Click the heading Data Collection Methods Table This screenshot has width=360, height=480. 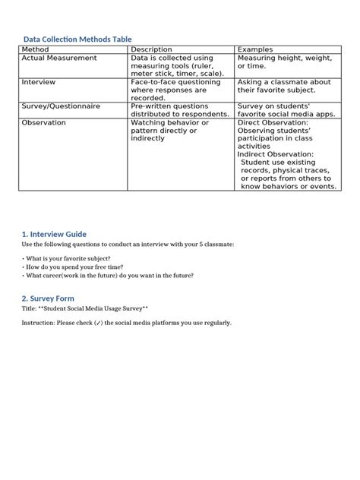tap(77, 39)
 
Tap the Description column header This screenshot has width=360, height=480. tap(152, 49)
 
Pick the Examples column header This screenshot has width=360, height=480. tap(256, 49)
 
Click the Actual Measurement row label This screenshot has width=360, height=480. tap(59, 58)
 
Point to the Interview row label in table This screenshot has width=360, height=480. tap(39, 82)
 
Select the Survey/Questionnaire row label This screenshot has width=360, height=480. tap(61, 107)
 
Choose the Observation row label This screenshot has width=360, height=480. tap(44, 122)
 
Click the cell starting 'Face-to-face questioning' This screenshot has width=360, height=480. tap(175, 90)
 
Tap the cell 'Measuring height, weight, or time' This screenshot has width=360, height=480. tap(284, 62)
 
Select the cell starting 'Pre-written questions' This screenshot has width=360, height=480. tap(180, 111)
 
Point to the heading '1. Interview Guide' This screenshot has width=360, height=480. tap(54, 234)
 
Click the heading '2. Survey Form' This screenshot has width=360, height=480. tap(49, 298)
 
